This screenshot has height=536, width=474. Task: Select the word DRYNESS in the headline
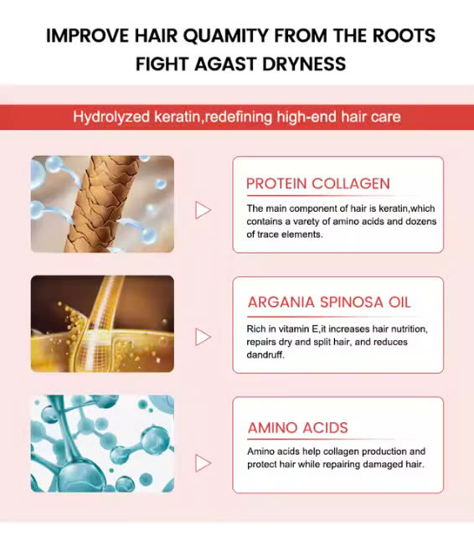click(x=304, y=64)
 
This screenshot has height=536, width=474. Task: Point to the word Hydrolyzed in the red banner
click(x=111, y=117)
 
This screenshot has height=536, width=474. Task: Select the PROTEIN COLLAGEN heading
click(x=318, y=183)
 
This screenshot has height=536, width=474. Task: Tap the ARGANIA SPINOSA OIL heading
click(x=329, y=302)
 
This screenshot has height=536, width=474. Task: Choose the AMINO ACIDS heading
click(x=297, y=428)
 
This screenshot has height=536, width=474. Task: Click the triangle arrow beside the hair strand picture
click(x=203, y=210)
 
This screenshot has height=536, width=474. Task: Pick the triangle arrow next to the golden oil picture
click(x=203, y=337)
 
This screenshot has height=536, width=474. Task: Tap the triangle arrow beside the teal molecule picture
click(x=203, y=463)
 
